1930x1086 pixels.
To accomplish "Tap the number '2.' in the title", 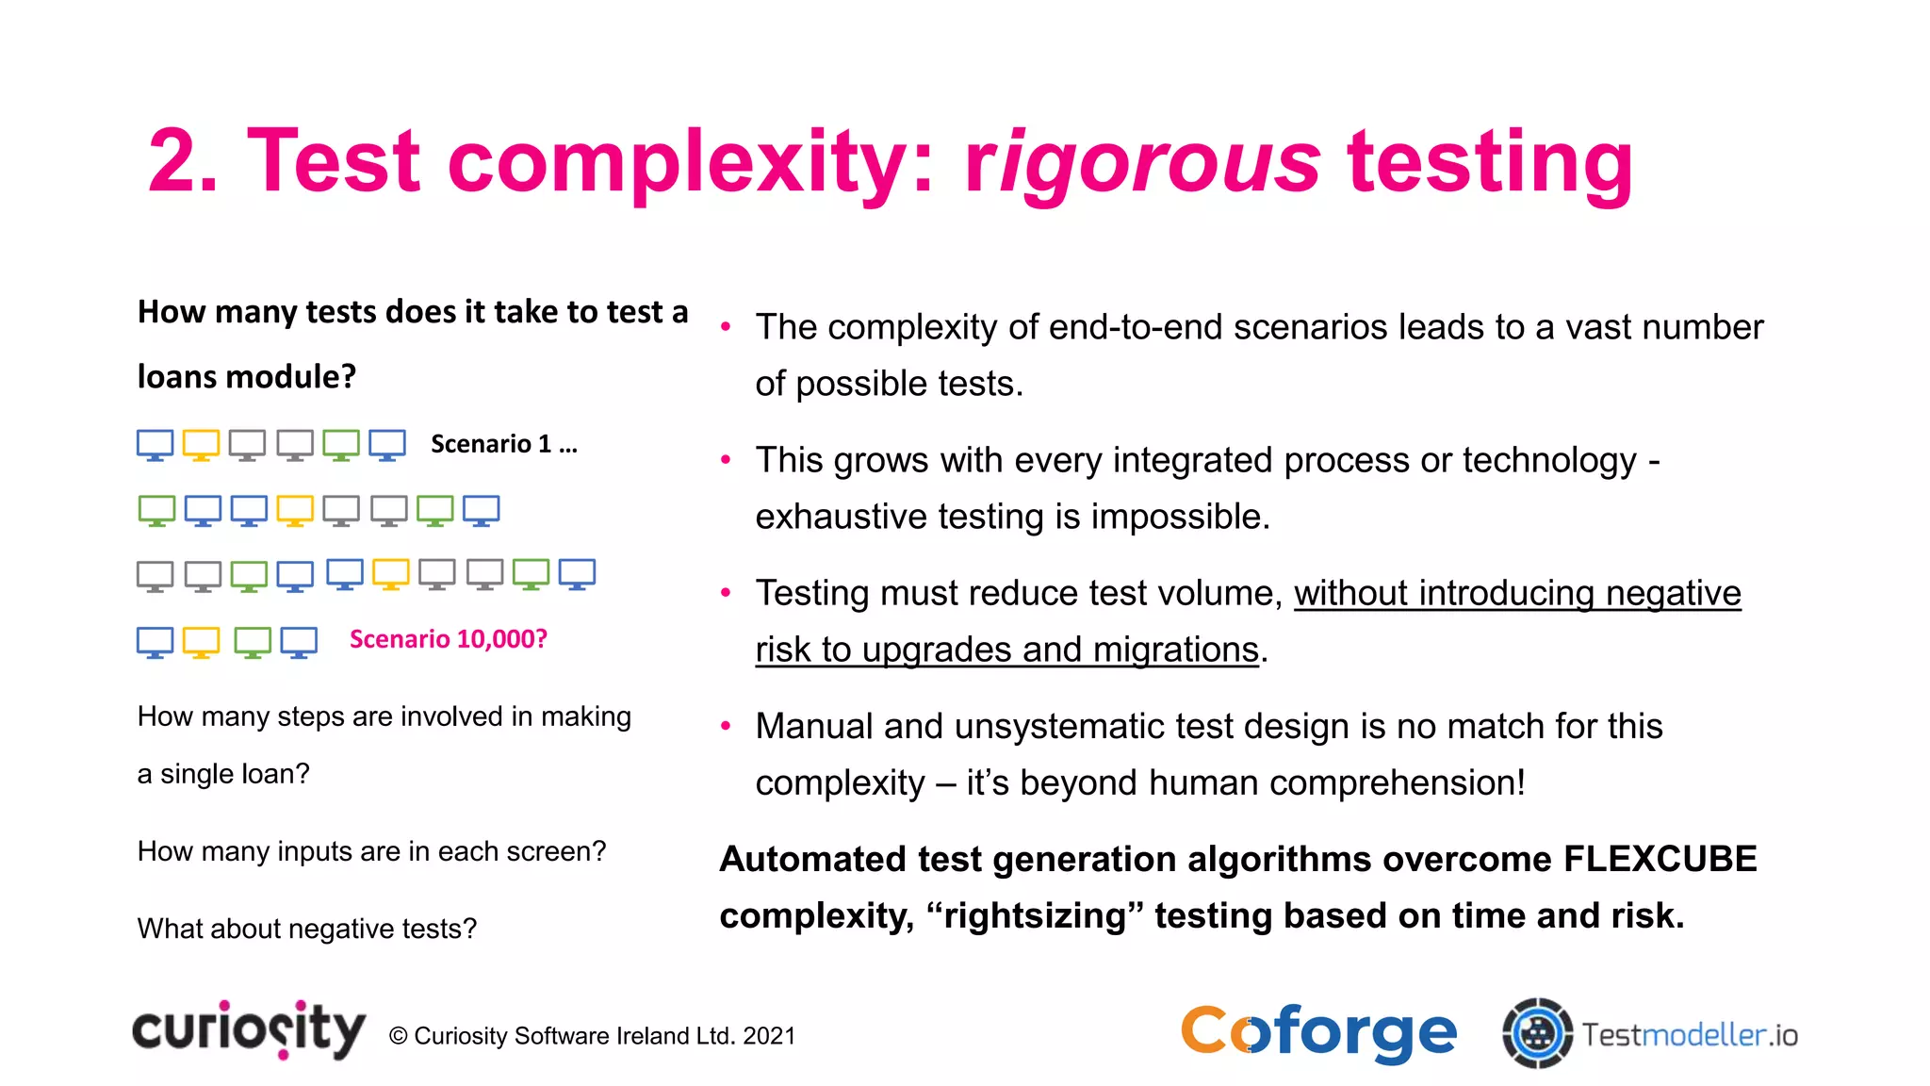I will click(x=184, y=162).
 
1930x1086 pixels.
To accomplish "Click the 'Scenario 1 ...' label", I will click(x=503, y=444).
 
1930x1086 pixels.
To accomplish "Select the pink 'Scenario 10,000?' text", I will click(x=448, y=639).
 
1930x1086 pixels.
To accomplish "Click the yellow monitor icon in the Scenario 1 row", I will click(x=201, y=444).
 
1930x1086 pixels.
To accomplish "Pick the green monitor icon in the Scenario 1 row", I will click(x=341, y=444).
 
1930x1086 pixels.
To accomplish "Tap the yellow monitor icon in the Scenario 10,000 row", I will click(x=201, y=642).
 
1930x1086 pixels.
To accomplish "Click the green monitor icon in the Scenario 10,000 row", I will click(x=253, y=642).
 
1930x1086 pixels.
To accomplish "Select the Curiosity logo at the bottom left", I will click(x=249, y=1029).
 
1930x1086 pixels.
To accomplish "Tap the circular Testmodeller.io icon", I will click(x=1537, y=1033).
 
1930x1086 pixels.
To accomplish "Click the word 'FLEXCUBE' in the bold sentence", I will click(x=1660, y=859).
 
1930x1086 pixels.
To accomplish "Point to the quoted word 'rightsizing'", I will click(x=1035, y=915).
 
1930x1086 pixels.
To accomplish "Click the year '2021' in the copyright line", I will click(x=769, y=1036).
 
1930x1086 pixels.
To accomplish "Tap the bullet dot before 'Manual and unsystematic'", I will click(x=726, y=726).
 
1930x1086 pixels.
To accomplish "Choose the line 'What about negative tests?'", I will click(x=307, y=929).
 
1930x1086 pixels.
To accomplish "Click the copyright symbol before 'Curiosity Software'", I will click(x=398, y=1036).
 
